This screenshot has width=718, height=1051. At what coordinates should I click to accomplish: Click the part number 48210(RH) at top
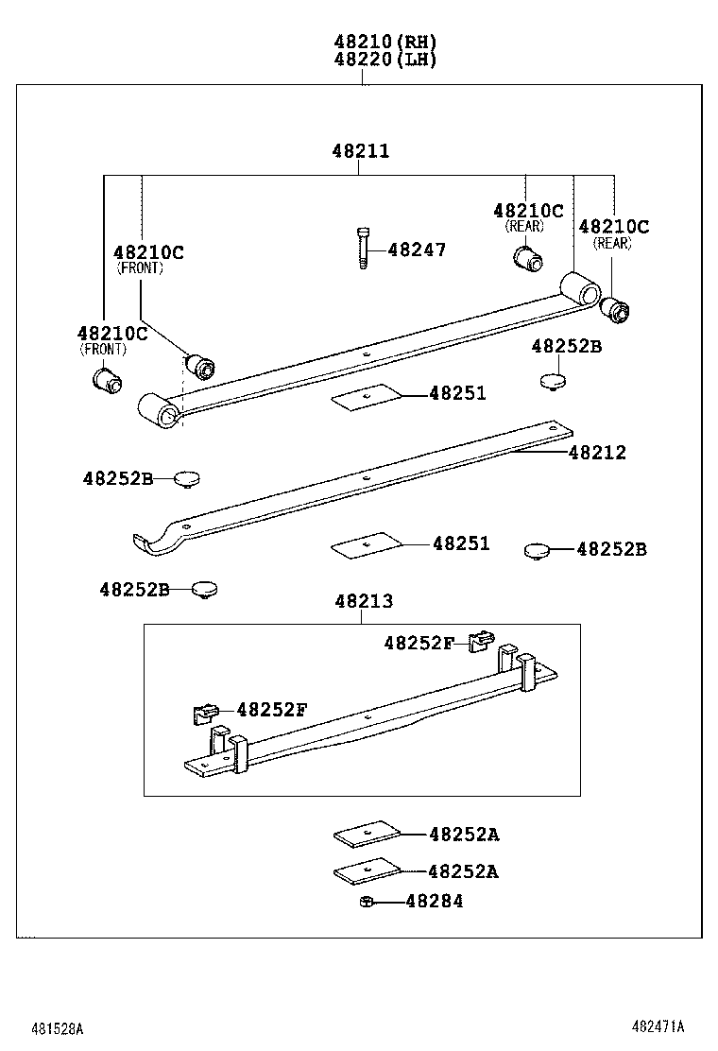coord(385,42)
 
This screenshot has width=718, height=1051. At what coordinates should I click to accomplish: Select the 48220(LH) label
coord(385,59)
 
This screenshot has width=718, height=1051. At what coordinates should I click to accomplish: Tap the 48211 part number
coord(360,151)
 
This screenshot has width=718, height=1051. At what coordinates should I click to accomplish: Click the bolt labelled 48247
coord(362,248)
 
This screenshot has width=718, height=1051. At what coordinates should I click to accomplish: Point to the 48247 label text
coord(417,250)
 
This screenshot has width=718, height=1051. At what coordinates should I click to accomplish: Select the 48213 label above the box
coord(363,601)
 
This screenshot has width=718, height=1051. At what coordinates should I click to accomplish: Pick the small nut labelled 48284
coord(365,903)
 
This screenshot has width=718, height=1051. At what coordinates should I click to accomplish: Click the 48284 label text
coord(435,902)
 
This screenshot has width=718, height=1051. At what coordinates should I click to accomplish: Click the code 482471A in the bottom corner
coord(658,1026)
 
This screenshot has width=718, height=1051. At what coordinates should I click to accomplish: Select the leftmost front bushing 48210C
coord(106,381)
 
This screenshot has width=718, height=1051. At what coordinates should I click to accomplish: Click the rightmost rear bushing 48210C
coord(617,309)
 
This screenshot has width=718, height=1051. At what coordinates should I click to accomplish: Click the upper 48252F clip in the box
coord(482,641)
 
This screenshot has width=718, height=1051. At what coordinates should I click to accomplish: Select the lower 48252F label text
coord(272,710)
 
